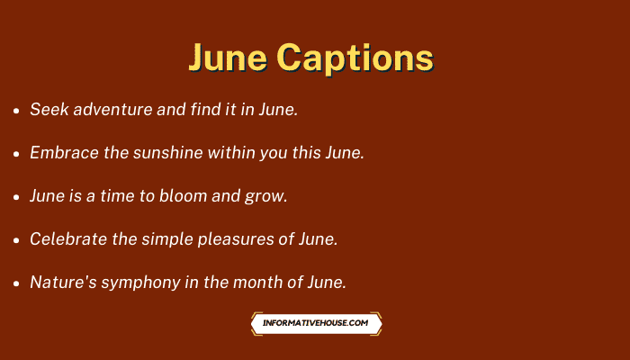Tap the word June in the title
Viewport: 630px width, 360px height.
point(229,58)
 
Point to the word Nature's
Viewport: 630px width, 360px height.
point(64,282)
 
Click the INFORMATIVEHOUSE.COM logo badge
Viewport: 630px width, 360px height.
point(316,323)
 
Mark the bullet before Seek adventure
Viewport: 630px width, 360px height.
point(16,111)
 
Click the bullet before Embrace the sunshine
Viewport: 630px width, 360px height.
point(16,154)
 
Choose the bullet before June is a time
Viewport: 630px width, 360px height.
point(16,197)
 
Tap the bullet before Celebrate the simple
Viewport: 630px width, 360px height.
point(16,240)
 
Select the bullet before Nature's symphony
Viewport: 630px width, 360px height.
point(16,283)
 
